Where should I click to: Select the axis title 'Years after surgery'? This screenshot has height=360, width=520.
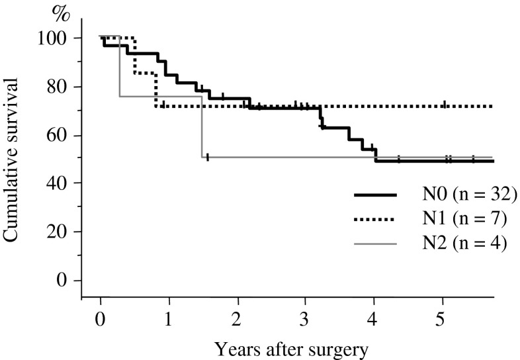point(296,347)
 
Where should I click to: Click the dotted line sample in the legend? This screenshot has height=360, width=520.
point(375,220)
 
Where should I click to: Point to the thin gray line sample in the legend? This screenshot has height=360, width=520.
point(375,245)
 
